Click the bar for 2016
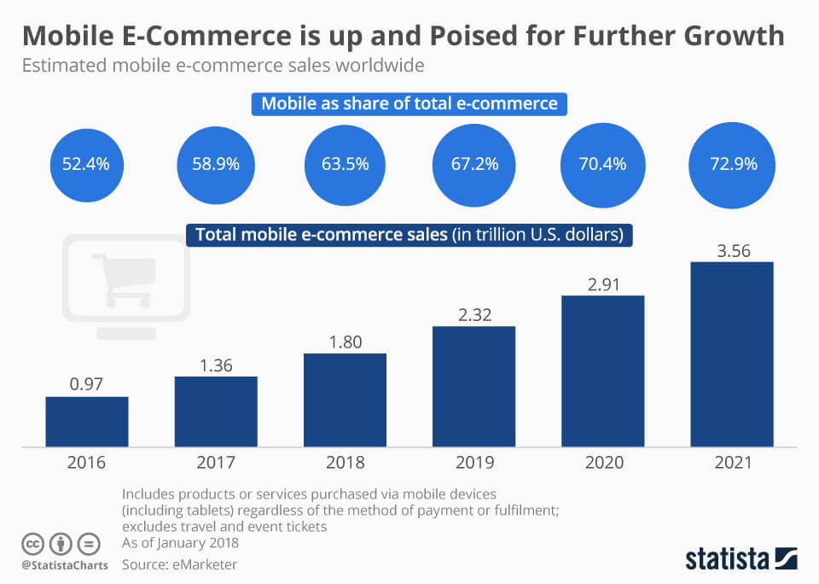click(x=87, y=421)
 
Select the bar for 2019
click(x=473, y=386)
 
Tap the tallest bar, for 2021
click(x=731, y=353)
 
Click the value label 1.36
click(x=216, y=365)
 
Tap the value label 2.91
click(x=602, y=284)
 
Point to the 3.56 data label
click(x=731, y=250)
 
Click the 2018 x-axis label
click(x=345, y=463)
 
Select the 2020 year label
click(x=602, y=463)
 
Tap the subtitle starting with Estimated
click(x=223, y=65)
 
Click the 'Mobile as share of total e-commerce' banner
click(x=409, y=104)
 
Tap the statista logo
click(x=741, y=559)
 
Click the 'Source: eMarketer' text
click(x=179, y=564)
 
